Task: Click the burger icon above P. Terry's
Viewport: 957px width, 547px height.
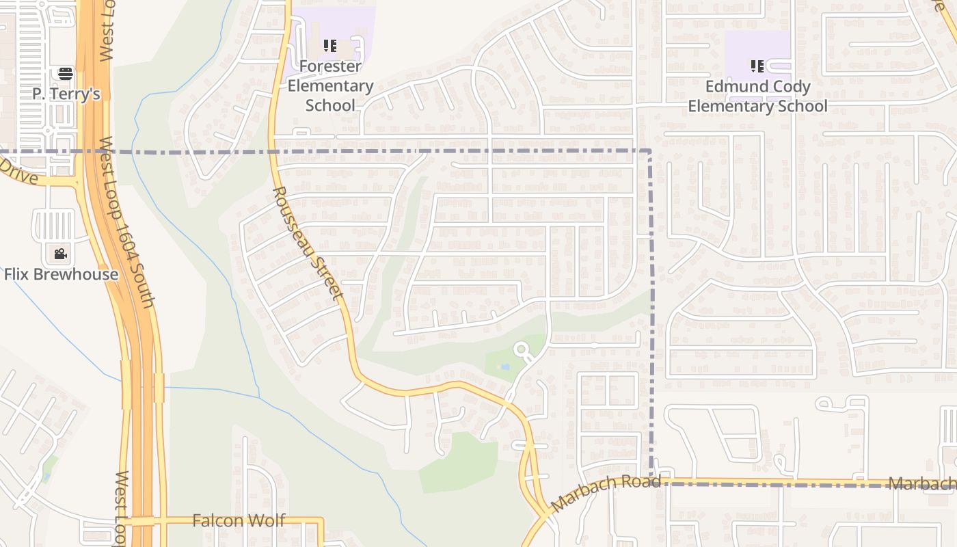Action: [x=66, y=73]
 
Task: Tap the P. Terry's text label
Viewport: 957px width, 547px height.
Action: [x=66, y=94]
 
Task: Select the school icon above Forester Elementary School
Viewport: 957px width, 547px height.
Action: [x=330, y=46]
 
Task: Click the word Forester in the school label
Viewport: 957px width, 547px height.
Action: [x=330, y=66]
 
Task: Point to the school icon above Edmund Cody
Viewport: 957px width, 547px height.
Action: [x=757, y=66]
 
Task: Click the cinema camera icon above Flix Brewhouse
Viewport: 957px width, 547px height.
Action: [x=61, y=254]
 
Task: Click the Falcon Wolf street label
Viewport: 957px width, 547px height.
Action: [x=239, y=520]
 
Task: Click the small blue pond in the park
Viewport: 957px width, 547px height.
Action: [x=504, y=367]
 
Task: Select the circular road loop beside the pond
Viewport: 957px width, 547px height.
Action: [x=523, y=351]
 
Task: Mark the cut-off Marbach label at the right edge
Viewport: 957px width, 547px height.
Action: [x=922, y=484]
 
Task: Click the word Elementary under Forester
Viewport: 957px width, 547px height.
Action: [x=330, y=85]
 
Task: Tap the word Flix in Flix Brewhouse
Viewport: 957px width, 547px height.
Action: [x=19, y=274]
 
